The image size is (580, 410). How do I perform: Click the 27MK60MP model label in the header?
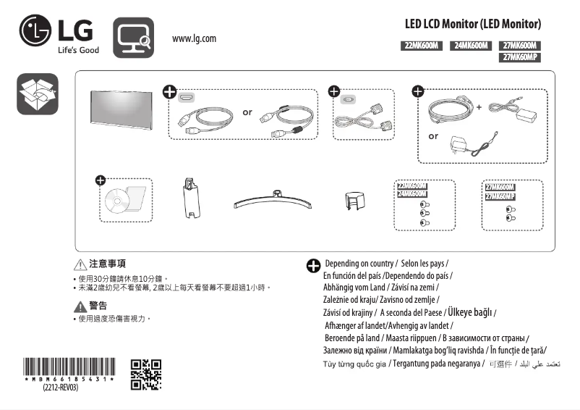520,57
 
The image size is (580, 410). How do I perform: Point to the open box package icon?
37,93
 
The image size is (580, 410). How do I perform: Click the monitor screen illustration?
121,109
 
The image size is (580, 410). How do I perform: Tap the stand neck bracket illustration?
189,196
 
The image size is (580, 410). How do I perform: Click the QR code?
145,374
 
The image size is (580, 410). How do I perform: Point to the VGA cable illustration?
362,116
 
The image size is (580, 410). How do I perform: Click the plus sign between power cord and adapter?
479,107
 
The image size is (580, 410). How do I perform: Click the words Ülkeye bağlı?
470,312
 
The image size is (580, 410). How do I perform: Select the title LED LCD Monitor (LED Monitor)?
472,24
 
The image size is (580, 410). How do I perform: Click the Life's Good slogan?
78,50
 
